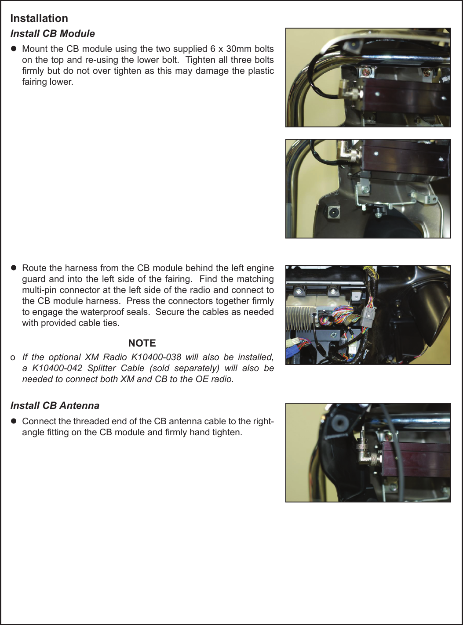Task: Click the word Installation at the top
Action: coord(39,18)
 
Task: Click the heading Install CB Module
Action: coord(52,34)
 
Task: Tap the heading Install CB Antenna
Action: coord(55,405)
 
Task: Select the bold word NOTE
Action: coord(142,343)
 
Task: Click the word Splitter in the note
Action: coord(102,368)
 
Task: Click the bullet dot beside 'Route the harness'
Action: coord(14,267)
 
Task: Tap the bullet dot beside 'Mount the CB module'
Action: coord(14,48)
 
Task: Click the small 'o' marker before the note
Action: coord(13,358)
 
